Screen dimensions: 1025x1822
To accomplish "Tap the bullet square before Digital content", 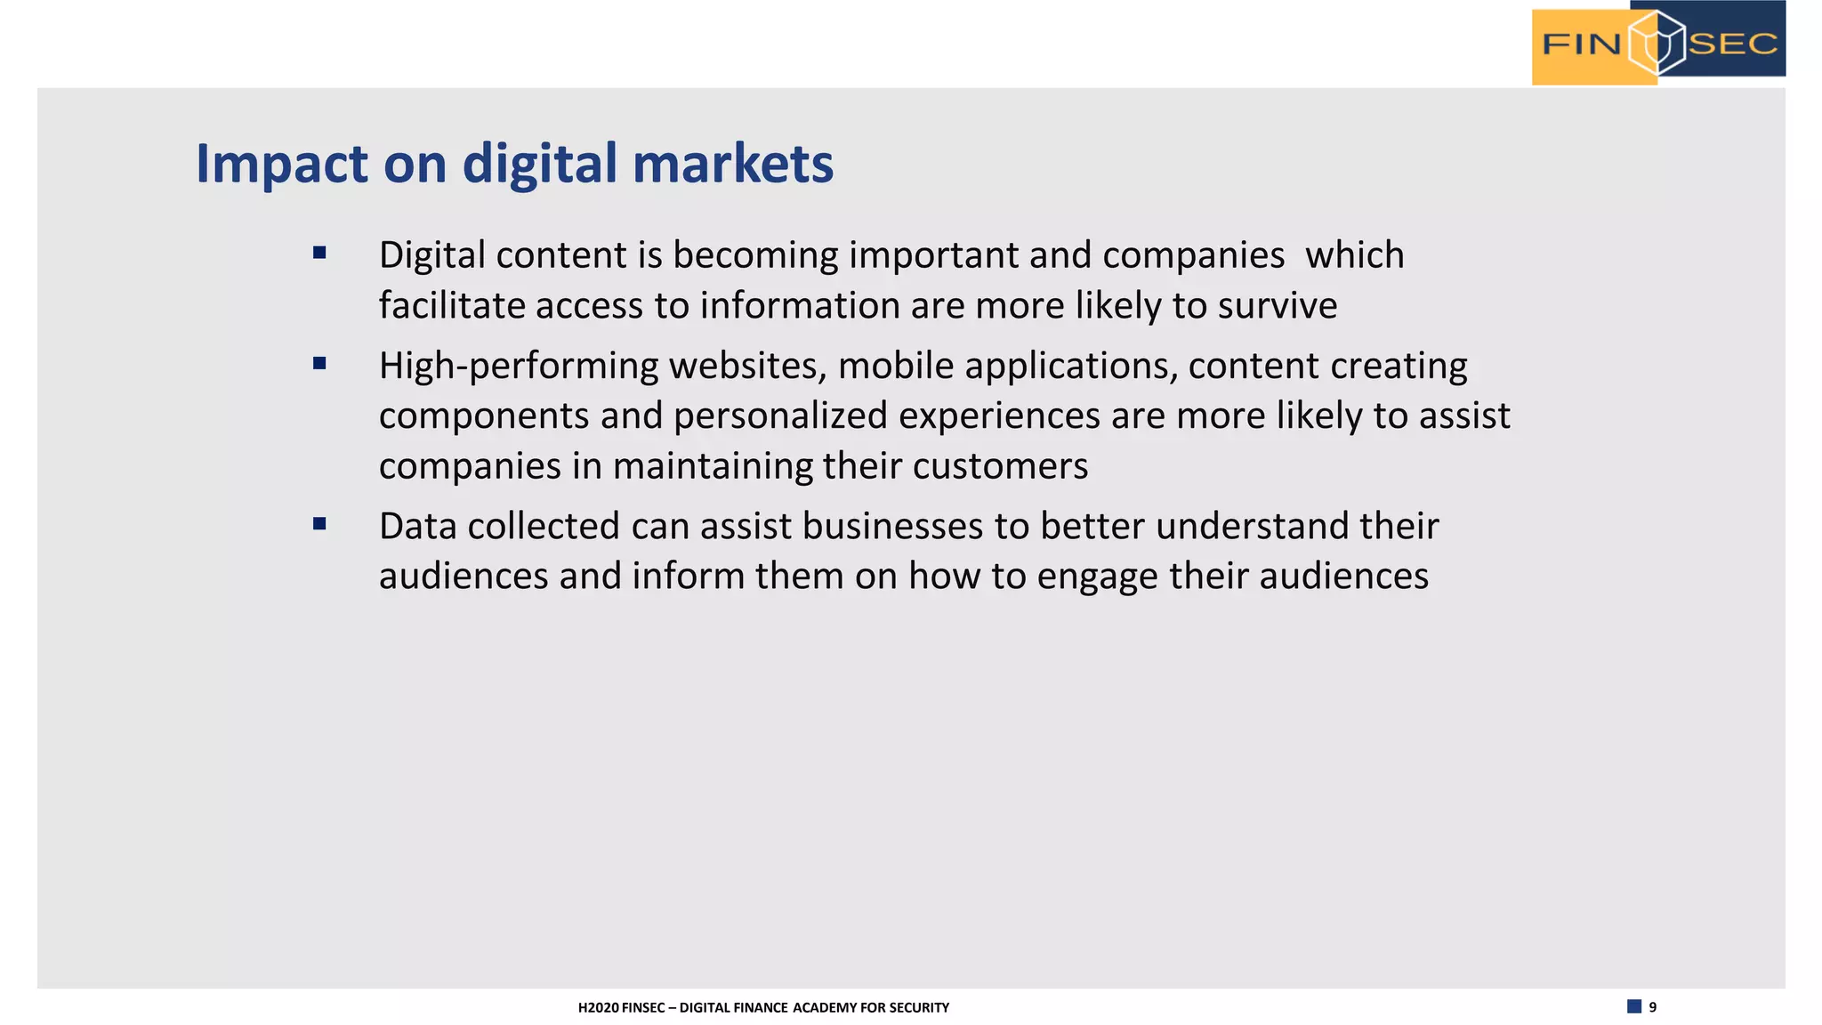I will click(x=319, y=254).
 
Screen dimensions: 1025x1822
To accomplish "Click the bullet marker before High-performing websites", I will click(x=319, y=363).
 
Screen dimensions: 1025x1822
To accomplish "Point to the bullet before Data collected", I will click(x=319, y=524).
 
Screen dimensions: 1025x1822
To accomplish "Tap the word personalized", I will click(x=780, y=416).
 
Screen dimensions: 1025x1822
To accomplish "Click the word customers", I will click(x=1000, y=466).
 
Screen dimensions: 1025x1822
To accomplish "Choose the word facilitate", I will click(x=452, y=306).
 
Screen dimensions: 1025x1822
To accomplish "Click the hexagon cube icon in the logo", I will click(x=1657, y=43).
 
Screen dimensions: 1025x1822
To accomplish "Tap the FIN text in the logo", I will click(x=1581, y=44).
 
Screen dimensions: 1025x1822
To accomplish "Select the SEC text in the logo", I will click(x=1732, y=44).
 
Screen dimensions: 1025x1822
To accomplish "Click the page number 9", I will click(x=1653, y=1007).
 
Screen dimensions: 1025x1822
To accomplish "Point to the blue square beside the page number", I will click(x=1634, y=1006).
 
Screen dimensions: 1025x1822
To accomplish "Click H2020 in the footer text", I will click(x=598, y=1008).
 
